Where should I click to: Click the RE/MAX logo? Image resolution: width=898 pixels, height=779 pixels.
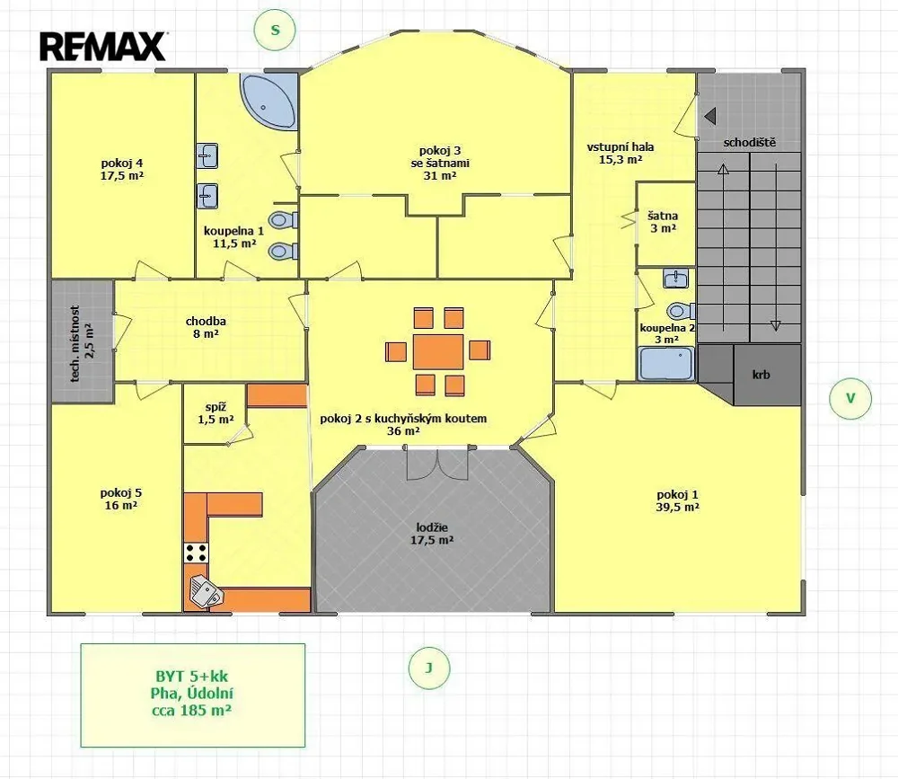(103, 46)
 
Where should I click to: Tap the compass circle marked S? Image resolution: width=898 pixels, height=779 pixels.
(275, 30)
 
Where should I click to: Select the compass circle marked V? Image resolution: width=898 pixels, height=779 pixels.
(850, 398)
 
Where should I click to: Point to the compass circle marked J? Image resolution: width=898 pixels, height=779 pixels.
(429, 668)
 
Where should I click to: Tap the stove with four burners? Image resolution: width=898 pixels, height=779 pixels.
(196, 553)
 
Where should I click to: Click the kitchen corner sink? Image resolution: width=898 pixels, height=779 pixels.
(206, 591)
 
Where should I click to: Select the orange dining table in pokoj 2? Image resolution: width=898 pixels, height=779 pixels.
(438, 351)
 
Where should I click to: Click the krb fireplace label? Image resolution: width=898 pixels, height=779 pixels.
(762, 375)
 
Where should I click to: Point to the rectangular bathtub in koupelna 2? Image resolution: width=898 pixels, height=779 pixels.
(666, 363)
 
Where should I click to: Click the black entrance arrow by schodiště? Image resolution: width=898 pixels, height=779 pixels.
(710, 117)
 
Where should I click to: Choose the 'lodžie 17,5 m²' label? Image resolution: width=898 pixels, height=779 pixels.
(432, 534)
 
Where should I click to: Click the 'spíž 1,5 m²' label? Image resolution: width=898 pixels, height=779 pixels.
(216, 413)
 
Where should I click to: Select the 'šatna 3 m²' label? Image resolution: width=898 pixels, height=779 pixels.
(663, 222)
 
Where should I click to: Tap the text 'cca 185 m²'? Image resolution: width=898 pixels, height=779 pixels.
(191, 710)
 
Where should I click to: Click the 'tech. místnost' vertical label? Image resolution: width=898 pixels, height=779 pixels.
(75, 343)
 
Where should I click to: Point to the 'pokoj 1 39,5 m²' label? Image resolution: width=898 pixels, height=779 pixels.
(677, 500)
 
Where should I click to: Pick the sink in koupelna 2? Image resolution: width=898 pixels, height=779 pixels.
(676, 279)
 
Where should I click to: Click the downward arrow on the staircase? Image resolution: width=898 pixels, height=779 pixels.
(776, 247)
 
